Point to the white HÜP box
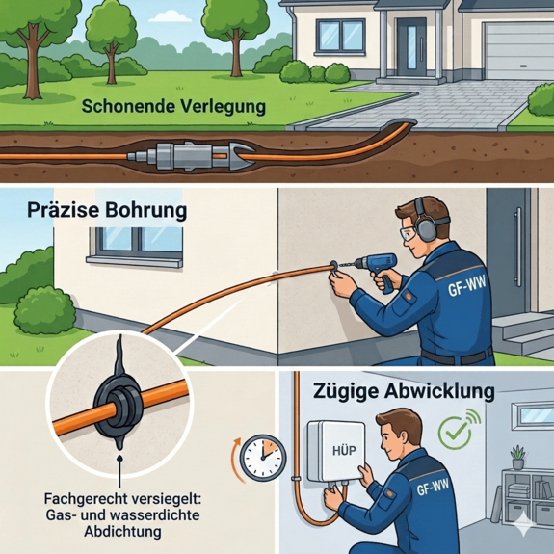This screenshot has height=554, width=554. coord(335,451)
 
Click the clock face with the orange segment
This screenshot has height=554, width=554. coord(263,458)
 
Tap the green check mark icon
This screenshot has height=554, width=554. coord(455,432)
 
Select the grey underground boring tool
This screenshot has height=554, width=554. coord(192,155)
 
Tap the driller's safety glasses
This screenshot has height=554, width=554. coord(409,232)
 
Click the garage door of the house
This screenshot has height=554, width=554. coord(518,51)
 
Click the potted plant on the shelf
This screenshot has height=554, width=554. coord(518,457)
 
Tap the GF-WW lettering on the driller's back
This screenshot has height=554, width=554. coord(466,285)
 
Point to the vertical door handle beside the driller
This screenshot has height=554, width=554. coord(519,247)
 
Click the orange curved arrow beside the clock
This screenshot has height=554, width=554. coord(236,461)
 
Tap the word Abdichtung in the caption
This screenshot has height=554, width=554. coord(122,532)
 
